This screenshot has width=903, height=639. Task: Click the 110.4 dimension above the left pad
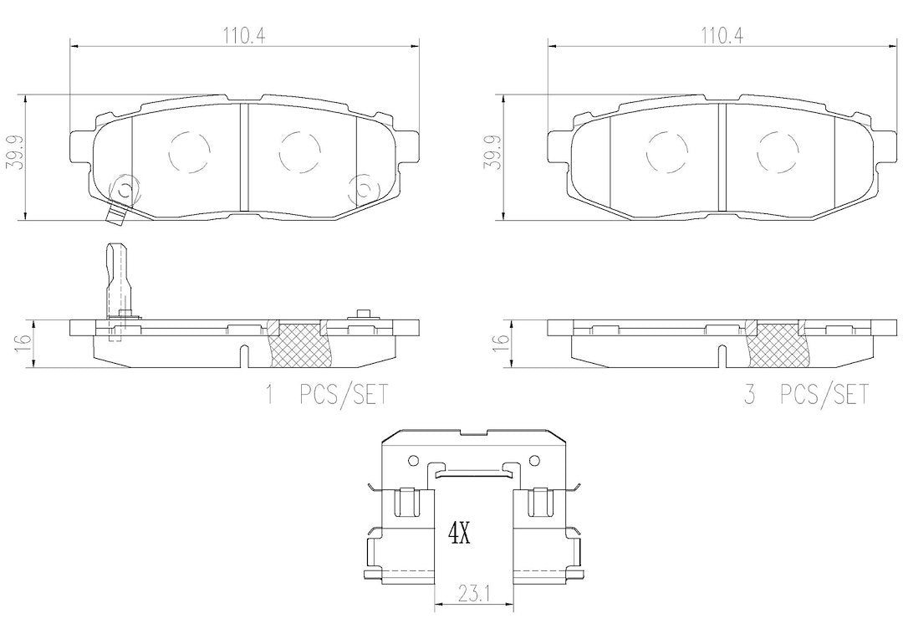point(243,36)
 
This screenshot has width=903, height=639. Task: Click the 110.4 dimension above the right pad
point(722,36)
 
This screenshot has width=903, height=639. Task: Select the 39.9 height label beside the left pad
point(14,153)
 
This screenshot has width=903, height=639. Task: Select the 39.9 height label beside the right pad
point(492,153)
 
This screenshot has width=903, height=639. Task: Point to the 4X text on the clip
point(460,534)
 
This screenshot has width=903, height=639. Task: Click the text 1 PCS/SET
point(325,396)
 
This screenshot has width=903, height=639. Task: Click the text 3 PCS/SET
point(805,396)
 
